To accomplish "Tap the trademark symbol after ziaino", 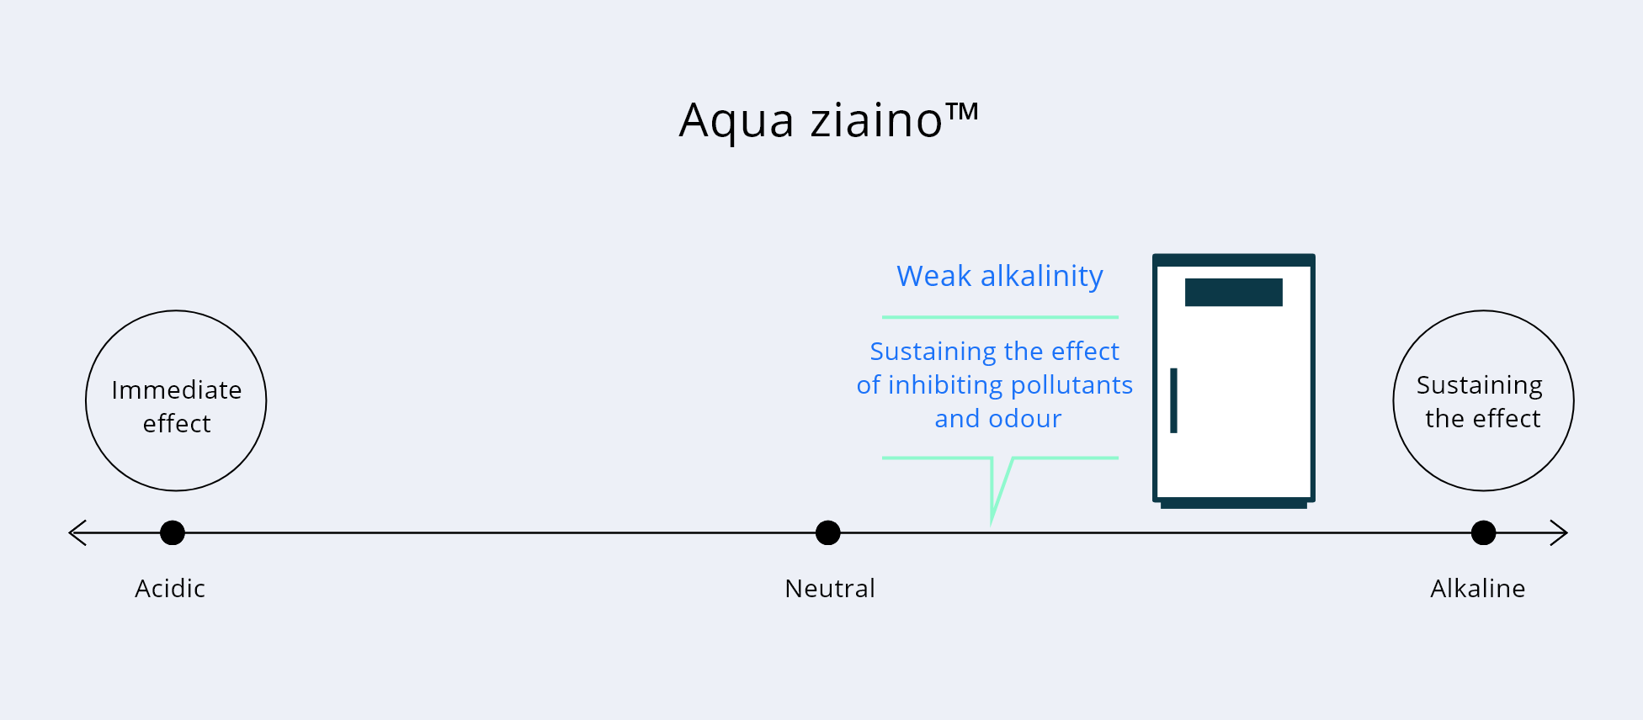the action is click(962, 112).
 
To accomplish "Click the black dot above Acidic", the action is click(173, 532).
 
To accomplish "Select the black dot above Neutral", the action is click(828, 532).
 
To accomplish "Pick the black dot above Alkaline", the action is click(1483, 532).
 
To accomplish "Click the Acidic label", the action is click(170, 588).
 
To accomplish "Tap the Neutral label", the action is click(830, 588).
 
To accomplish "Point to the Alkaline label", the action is click(1478, 588).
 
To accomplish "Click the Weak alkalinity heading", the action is click(1000, 276).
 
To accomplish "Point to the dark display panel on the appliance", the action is click(1234, 292).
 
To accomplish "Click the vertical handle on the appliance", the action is click(1173, 400).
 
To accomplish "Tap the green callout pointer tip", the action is click(992, 523).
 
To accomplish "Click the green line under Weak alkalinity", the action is click(1000, 317).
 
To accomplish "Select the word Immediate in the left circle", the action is click(177, 390).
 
